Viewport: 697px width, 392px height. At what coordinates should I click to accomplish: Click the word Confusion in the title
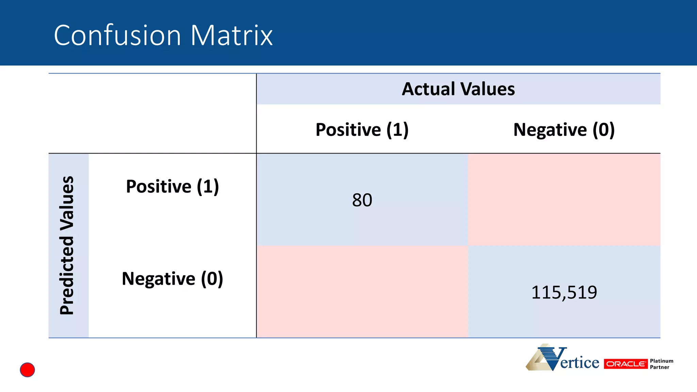117,35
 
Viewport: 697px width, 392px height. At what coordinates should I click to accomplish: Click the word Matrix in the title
231,35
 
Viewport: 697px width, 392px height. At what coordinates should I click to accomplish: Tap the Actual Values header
458,89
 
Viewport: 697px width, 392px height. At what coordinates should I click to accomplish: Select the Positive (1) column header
362,130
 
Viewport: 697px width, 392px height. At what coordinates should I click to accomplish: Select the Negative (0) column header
564,130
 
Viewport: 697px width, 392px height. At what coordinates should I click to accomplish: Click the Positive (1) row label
172,186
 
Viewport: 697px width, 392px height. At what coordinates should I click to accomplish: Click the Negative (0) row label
172,279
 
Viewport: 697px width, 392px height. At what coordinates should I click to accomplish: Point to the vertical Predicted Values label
67,245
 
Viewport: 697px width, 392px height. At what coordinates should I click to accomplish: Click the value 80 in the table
362,200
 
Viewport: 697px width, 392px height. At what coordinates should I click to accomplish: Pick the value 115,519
564,292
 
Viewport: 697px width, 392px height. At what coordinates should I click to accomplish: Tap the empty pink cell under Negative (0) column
564,200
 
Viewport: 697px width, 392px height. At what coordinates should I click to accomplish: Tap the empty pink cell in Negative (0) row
362,292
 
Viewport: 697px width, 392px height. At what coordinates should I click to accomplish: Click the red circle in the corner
27,370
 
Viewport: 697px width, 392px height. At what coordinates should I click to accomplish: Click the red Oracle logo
626,364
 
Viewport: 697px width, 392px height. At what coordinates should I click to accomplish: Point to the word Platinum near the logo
661,361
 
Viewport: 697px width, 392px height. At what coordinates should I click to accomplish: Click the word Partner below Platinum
659,367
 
